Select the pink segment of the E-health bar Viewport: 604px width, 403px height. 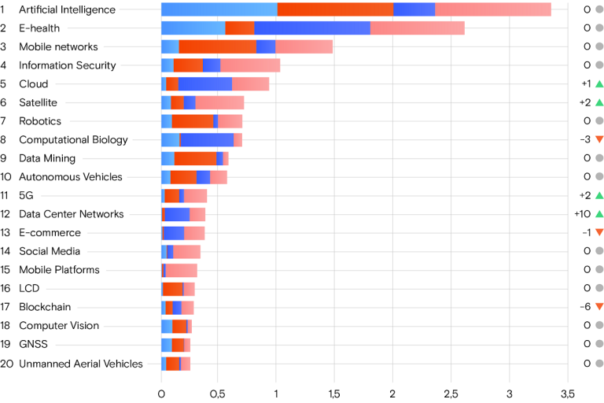[418, 28]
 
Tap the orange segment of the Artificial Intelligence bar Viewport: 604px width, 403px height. [335, 9]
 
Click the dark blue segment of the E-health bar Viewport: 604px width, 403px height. [312, 28]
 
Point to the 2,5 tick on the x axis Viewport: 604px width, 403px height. [451, 392]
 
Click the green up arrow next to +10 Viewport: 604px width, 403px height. [599, 214]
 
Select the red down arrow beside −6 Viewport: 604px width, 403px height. [599, 307]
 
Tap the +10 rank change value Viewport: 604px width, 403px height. [583, 214]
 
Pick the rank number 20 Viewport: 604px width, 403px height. [6, 363]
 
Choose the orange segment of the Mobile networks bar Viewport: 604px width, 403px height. [217, 46]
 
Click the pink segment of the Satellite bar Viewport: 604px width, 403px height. [219, 102]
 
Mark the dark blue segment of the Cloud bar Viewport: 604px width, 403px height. [205, 84]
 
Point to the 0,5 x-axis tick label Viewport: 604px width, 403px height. [219, 392]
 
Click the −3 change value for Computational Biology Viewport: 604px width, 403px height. [584, 140]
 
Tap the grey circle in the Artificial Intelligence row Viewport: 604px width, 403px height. [599, 9]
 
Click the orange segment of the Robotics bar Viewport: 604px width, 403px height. [193, 121]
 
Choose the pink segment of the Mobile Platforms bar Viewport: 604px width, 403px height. [181, 270]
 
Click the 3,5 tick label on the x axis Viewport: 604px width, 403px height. [568, 392]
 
